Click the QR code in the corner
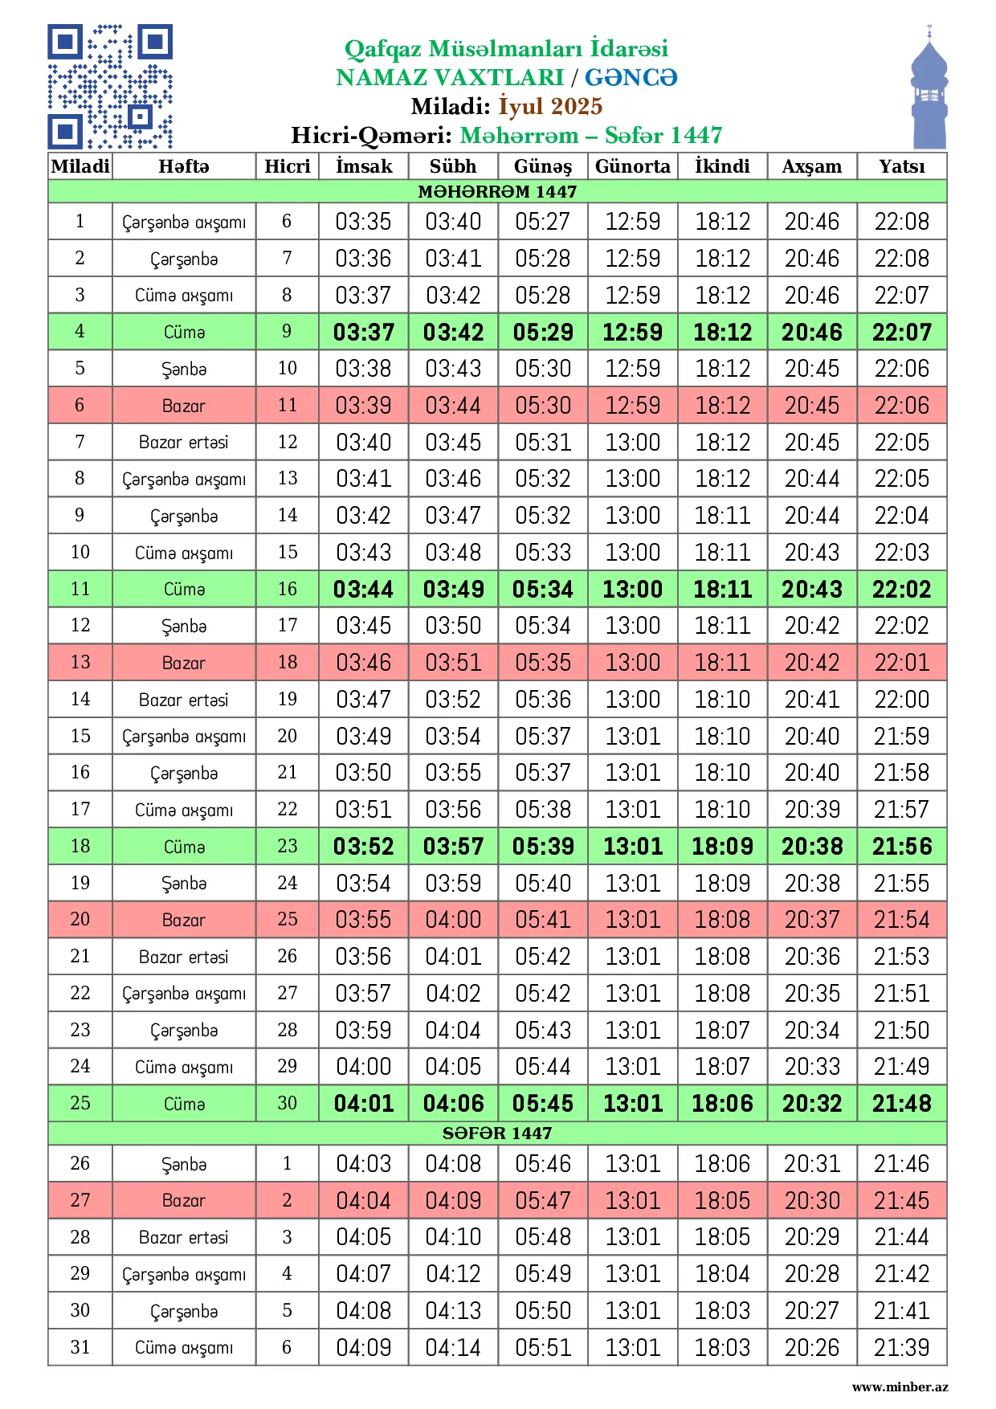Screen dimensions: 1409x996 pos(110,87)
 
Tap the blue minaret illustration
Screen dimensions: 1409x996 pos(929,88)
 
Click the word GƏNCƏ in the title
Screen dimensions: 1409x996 pos(631,77)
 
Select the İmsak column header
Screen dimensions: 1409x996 pos(364,166)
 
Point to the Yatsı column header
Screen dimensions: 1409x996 pos(901,166)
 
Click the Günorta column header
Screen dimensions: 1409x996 pos(632,166)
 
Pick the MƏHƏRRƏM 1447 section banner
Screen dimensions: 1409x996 pos(497,191)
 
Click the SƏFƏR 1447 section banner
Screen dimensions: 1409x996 pos(497,1133)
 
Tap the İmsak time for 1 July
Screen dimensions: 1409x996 pos(364,222)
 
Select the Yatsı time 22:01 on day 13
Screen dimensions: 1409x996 pos(901,663)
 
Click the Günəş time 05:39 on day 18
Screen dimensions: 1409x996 pos(543,847)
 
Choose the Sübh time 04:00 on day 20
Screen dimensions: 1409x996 pos(453,920)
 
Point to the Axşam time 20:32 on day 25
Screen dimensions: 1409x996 pos(812,1104)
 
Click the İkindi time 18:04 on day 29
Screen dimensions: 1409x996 pos(722,1274)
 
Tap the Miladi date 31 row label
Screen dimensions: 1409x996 pos(80,1347)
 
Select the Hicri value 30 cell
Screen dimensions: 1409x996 pos(287,1104)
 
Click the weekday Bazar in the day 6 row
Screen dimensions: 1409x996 pos(184,406)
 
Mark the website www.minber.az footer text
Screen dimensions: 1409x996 pos(900,1387)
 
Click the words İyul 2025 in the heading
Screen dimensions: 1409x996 pos(550,106)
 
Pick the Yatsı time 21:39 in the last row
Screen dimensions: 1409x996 pos(901,1347)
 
